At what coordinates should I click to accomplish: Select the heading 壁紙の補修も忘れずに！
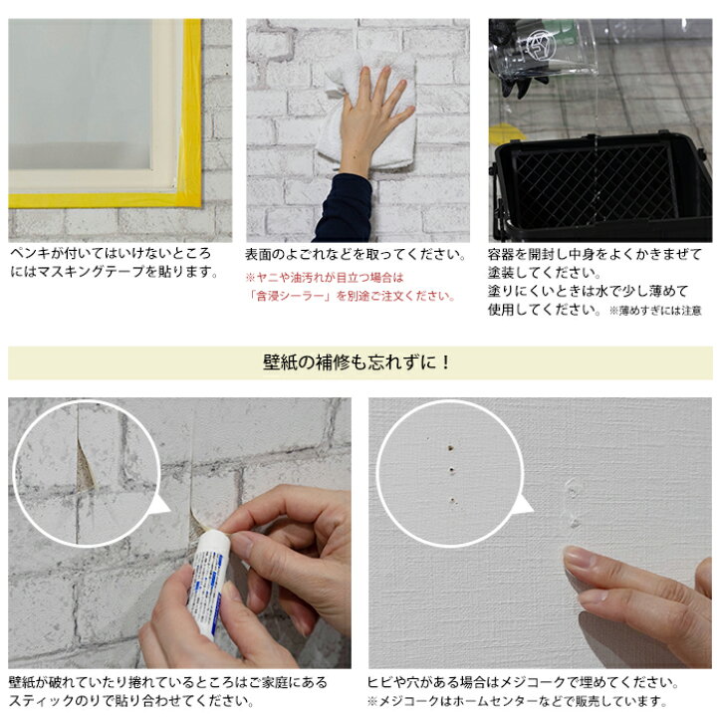click(x=358, y=362)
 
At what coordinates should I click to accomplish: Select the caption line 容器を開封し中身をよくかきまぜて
click(x=595, y=254)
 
